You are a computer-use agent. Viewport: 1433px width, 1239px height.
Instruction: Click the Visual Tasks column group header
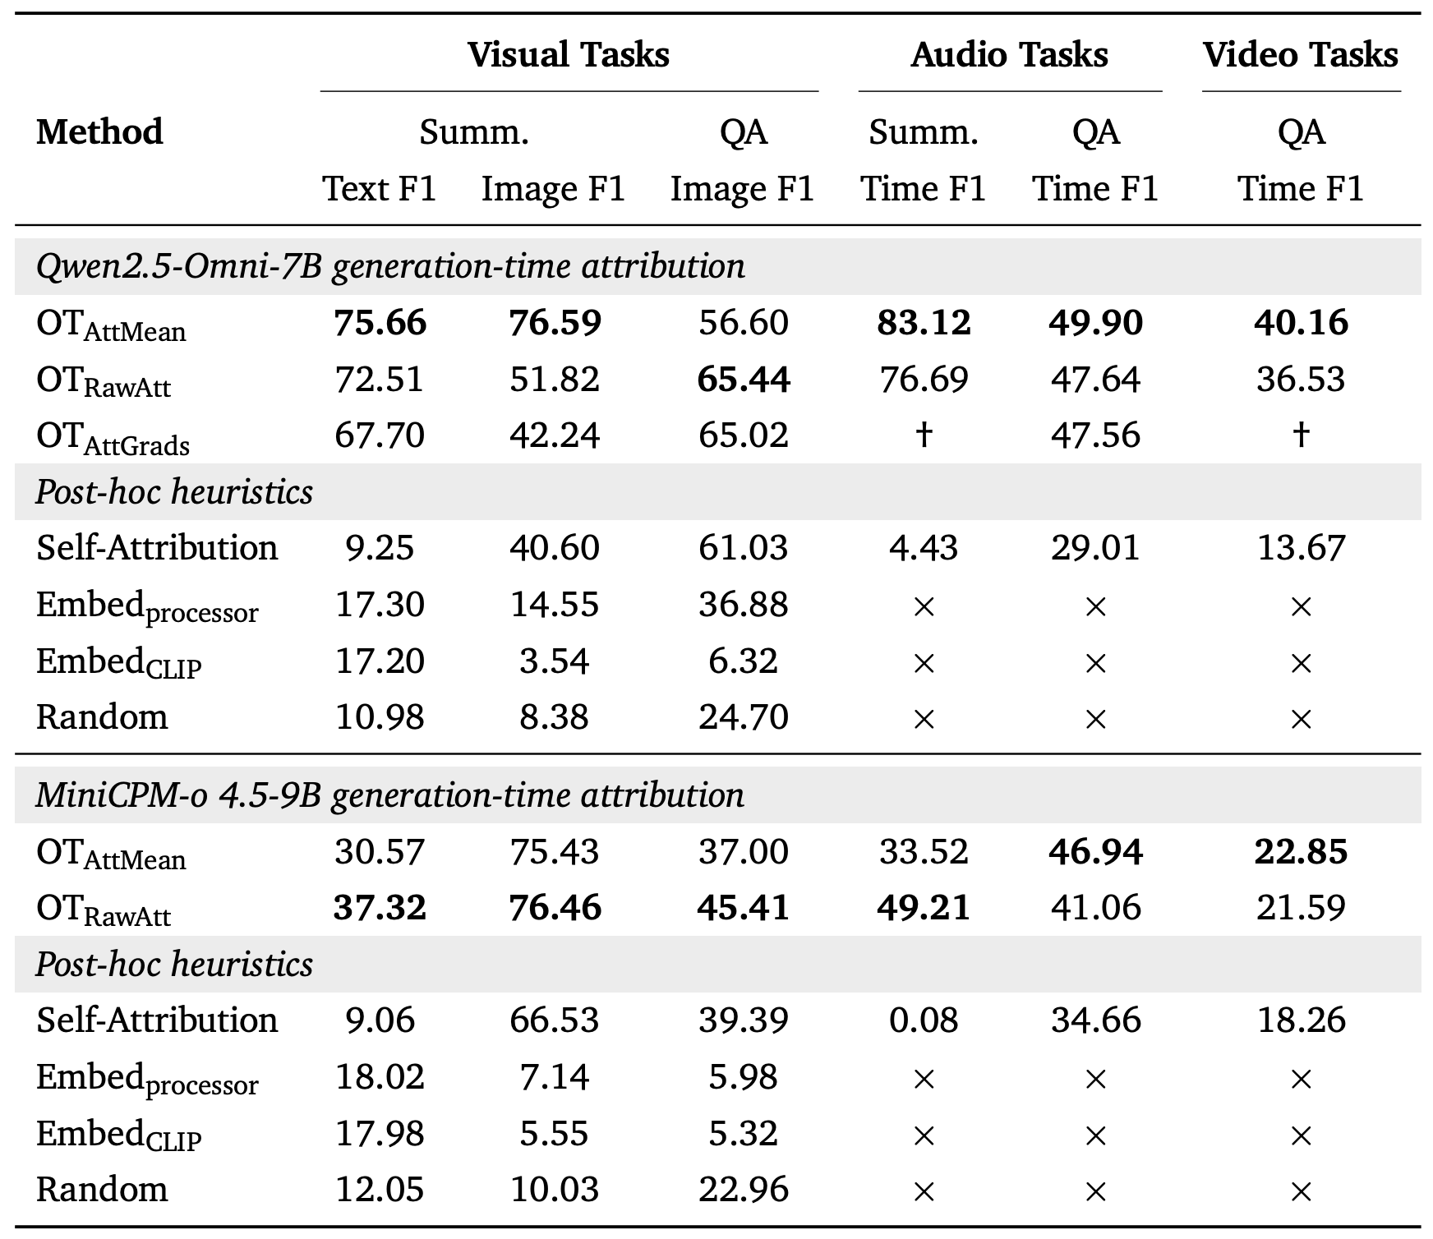click(569, 55)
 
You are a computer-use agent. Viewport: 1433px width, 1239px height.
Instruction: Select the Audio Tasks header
click(1009, 55)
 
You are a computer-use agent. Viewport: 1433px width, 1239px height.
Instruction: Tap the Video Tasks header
click(1300, 55)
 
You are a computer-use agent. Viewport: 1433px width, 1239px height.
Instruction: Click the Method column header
click(99, 132)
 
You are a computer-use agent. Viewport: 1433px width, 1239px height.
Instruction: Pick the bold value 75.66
click(380, 323)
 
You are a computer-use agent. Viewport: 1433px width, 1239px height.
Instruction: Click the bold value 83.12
click(924, 323)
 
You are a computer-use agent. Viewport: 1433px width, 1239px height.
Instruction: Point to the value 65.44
click(743, 380)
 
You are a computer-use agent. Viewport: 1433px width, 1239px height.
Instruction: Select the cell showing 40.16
click(1300, 323)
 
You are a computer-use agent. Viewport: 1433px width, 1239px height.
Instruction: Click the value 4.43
click(924, 548)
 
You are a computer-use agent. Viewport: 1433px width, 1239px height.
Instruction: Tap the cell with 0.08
click(924, 1020)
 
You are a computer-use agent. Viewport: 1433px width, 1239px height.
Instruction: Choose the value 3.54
click(554, 661)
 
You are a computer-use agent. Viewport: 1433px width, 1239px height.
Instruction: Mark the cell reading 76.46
click(555, 908)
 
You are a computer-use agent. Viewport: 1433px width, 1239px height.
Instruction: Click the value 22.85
click(1300, 851)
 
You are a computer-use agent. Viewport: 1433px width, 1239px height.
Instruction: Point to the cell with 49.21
click(924, 908)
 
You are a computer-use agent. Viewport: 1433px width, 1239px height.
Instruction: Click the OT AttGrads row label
click(113, 437)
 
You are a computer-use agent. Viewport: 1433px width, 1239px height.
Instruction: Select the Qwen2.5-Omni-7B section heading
click(390, 267)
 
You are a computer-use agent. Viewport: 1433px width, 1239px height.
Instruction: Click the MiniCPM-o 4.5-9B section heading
click(389, 796)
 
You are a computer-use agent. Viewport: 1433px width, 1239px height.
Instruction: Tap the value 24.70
click(743, 717)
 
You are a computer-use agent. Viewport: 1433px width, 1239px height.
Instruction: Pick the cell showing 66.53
click(554, 1020)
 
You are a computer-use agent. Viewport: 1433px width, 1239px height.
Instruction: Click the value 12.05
click(380, 1190)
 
